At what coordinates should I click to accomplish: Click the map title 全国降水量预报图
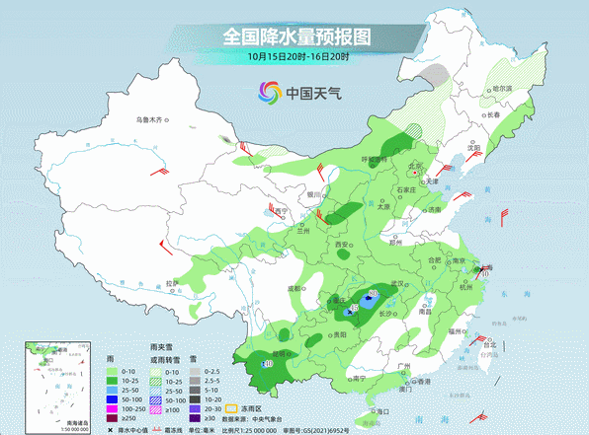295,36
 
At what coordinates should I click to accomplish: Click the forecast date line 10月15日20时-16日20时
295,57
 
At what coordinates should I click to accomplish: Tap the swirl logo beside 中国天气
268,92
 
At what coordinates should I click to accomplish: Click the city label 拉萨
173,284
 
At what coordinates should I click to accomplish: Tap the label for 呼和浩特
373,158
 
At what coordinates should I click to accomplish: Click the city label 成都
294,287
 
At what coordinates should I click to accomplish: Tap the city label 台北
487,346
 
